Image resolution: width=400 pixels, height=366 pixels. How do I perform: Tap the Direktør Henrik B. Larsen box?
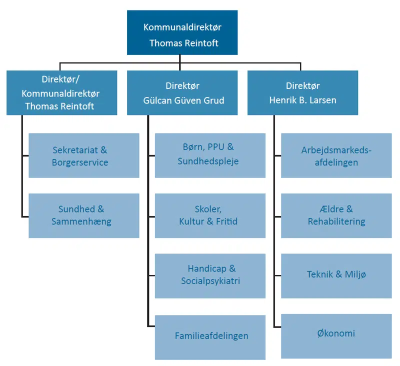click(302, 92)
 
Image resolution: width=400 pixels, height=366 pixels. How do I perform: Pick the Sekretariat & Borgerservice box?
click(83, 155)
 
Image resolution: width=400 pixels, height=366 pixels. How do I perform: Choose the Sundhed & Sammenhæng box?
click(83, 215)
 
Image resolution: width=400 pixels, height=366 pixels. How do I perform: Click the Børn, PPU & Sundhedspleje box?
click(210, 155)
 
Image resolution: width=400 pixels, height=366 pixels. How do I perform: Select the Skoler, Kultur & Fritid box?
click(210, 215)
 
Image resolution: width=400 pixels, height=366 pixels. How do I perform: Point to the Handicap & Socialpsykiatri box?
click(210, 275)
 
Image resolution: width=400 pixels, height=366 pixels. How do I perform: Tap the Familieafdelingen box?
click(210, 336)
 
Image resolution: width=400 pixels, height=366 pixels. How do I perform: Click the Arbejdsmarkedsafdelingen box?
click(336, 155)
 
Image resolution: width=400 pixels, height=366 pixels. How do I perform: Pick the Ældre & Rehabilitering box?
click(336, 215)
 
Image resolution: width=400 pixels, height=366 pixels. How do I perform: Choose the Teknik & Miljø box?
click(336, 274)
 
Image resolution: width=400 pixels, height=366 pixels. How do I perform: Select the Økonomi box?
click(336, 334)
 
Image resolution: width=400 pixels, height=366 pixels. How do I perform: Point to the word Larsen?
click(323, 100)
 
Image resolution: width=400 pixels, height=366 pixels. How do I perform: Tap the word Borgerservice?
click(80, 162)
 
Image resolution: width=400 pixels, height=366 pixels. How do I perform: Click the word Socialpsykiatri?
click(210, 281)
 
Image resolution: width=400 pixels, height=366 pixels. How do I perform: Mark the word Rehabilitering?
click(336, 221)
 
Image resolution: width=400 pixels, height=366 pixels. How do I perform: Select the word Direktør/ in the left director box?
click(62, 79)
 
